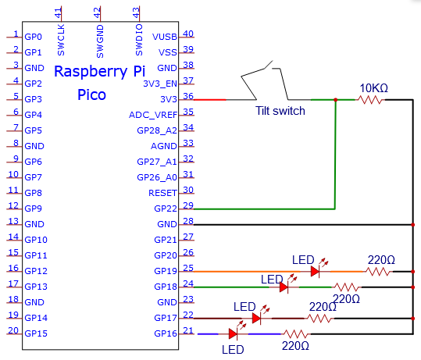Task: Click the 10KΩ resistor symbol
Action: tap(370, 100)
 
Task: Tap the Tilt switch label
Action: tap(280, 111)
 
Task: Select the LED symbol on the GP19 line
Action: tap(316, 272)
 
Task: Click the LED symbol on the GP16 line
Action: tap(233, 334)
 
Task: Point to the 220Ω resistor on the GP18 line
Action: tap(347, 287)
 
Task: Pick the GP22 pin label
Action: tap(166, 209)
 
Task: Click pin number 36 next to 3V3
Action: tap(188, 96)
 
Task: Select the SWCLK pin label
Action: tap(61, 40)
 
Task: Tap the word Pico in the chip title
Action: tap(91, 94)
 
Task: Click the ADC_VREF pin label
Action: tap(153, 115)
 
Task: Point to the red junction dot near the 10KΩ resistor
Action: tap(335, 100)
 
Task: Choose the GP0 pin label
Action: tap(33, 37)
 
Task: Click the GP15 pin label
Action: tap(36, 333)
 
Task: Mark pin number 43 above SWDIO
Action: tap(136, 12)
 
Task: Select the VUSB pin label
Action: tap(165, 37)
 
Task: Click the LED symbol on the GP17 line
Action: tap(257, 319)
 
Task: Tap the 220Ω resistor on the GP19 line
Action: tap(378, 272)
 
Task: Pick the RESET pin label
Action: tap(162, 193)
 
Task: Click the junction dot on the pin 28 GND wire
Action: tap(413, 224)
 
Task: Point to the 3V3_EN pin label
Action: tap(160, 84)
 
